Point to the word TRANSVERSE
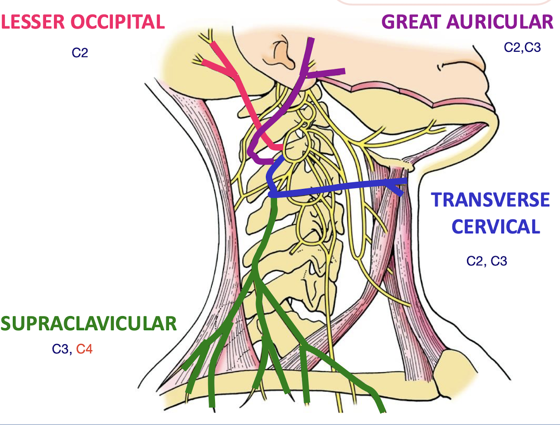(491, 200)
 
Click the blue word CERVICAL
(496, 227)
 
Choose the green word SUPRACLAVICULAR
(88, 324)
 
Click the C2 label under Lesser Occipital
(80, 53)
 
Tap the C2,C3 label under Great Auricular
(522, 47)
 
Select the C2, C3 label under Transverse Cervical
(487, 261)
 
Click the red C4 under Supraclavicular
(84, 349)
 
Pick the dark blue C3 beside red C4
(60, 349)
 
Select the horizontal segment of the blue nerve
(336, 188)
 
